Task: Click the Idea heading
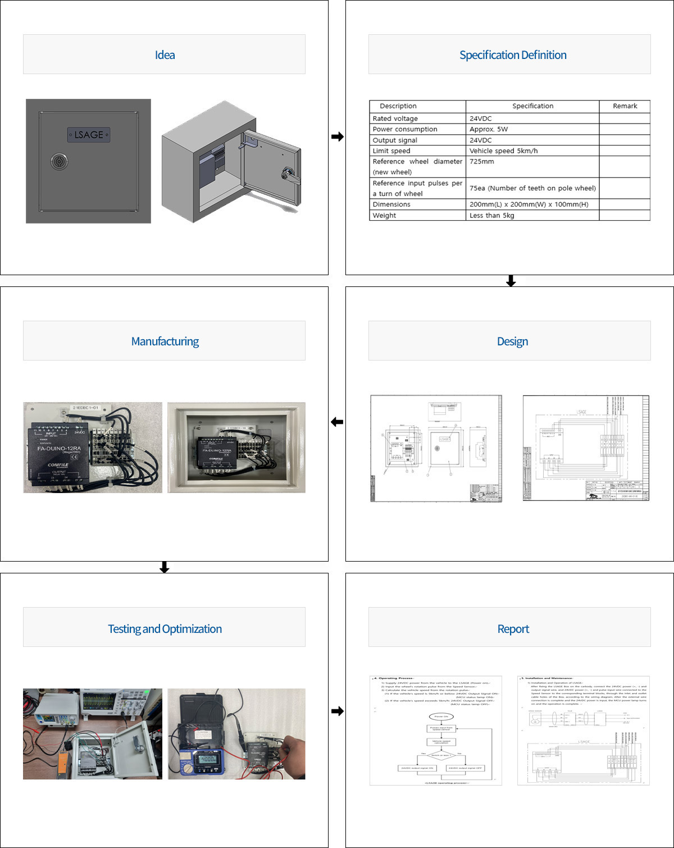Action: tap(165, 55)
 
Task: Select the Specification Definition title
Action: tap(513, 55)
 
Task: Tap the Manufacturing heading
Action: tap(165, 341)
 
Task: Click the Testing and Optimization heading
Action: tap(165, 629)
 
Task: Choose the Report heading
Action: tap(513, 629)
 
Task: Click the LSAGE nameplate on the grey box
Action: tap(89, 135)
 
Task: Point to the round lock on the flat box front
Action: tap(58, 162)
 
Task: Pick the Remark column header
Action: tap(625, 106)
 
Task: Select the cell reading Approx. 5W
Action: tap(489, 129)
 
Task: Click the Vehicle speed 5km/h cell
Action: tap(503, 151)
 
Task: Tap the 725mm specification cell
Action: tap(482, 162)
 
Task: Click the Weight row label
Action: tap(384, 216)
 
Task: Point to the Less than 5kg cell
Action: tap(491, 216)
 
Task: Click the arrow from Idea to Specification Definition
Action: tap(337, 136)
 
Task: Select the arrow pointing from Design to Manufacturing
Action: tap(337, 422)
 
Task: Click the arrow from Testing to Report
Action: tap(337, 711)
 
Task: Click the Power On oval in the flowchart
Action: tap(441, 717)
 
